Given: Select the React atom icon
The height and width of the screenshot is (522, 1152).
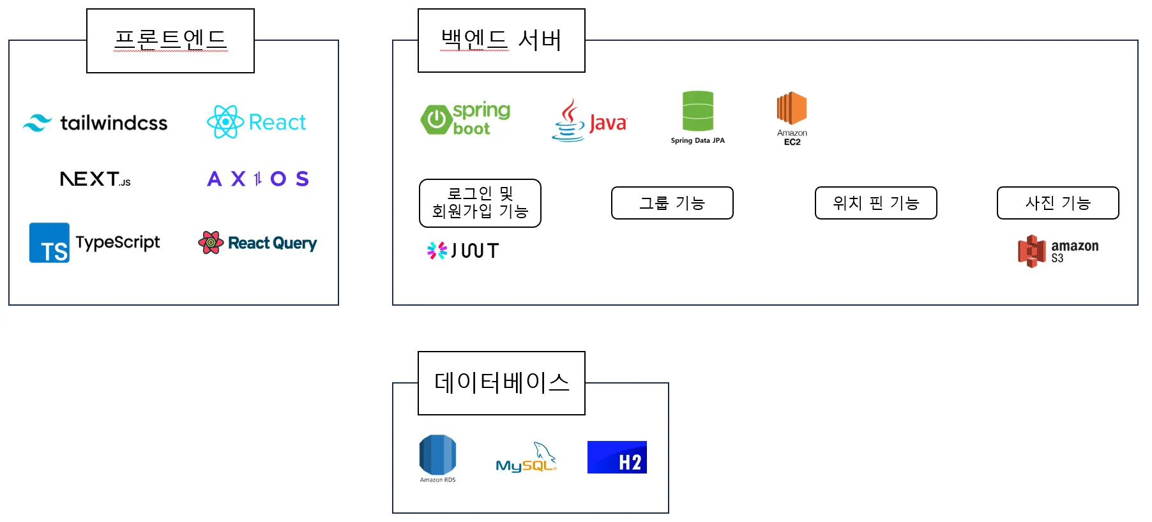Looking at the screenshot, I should tap(225, 122).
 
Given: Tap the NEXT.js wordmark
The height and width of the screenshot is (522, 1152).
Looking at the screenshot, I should tap(95, 179).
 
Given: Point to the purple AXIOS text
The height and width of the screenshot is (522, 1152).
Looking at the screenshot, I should tap(258, 179).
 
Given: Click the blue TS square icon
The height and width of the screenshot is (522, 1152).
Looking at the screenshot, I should tap(49, 242).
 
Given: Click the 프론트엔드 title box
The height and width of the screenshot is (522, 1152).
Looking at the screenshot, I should tap(171, 40).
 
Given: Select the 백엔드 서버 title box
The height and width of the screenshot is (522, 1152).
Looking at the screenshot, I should tap(501, 40).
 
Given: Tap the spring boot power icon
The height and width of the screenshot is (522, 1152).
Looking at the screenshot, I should tap(436, 119).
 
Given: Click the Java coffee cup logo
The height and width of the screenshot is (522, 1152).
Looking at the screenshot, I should tap(568, 121).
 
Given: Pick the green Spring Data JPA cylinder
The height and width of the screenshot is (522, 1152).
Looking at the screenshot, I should tap(697, 111).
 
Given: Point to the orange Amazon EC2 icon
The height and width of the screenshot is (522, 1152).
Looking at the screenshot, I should tap(792, 108).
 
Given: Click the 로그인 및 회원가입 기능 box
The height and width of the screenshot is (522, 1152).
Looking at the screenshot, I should tap(480, 203).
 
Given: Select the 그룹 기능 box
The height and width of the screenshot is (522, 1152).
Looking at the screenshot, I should tap(672, 203).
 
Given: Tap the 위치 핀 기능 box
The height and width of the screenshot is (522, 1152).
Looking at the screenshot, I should tap(875, 203).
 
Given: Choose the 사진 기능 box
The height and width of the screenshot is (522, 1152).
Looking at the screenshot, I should tap(1057, 203).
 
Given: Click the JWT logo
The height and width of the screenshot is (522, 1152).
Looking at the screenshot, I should tap(463, 251).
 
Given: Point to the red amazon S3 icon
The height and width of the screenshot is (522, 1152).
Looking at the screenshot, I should tap(1031, 251).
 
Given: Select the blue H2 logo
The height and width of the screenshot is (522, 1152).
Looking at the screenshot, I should tap(617, 457).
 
